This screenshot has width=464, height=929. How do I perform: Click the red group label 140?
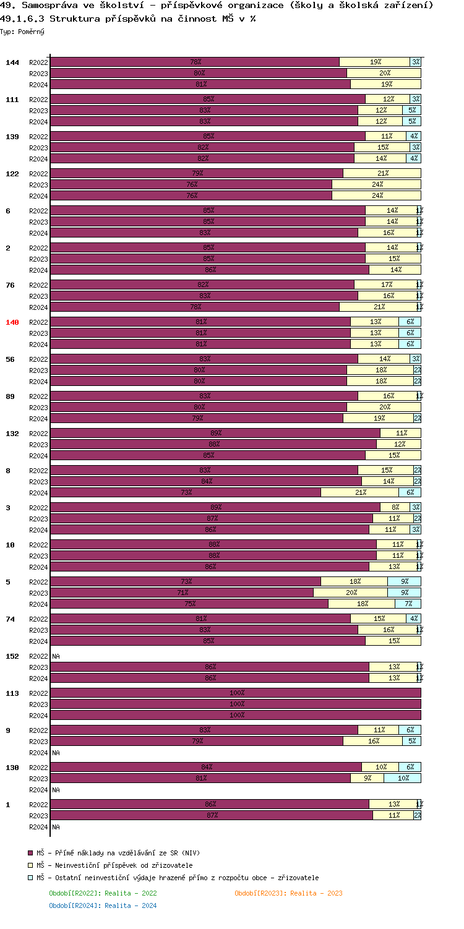[x=12, y=322]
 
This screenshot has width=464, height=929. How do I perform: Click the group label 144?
[x=12, y=62]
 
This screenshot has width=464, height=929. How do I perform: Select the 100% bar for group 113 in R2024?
[x=236, y=715]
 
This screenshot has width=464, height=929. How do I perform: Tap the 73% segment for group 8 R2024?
[x=186, y=492]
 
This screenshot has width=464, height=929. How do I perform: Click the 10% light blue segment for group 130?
[x=402, y=778]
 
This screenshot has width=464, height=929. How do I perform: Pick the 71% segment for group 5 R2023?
[x=182, y=593]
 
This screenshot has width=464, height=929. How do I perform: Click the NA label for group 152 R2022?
[x=56, y=656]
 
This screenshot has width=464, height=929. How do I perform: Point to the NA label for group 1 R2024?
[x=56, y=826]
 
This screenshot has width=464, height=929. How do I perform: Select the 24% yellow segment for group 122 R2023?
[x=376, y=184]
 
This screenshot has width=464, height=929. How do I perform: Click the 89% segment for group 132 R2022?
[x=215, y=433]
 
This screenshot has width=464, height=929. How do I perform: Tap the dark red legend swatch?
[x=30, y=853]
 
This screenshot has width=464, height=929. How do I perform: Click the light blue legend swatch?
[x=30, y=878]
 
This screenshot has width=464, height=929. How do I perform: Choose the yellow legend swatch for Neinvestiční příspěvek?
[x=30, y=865]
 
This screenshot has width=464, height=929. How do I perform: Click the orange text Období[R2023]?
[x=254, y=893]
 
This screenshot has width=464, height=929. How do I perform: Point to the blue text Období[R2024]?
[x=69, y=905]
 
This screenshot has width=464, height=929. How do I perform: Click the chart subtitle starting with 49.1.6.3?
[x=128, y=19]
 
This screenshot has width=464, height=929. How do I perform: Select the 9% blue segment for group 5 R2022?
[x=404, y=581]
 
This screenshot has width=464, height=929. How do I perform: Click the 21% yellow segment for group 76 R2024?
[x=377, y=307]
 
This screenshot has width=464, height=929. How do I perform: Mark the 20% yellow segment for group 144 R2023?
[x=384, y=73]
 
